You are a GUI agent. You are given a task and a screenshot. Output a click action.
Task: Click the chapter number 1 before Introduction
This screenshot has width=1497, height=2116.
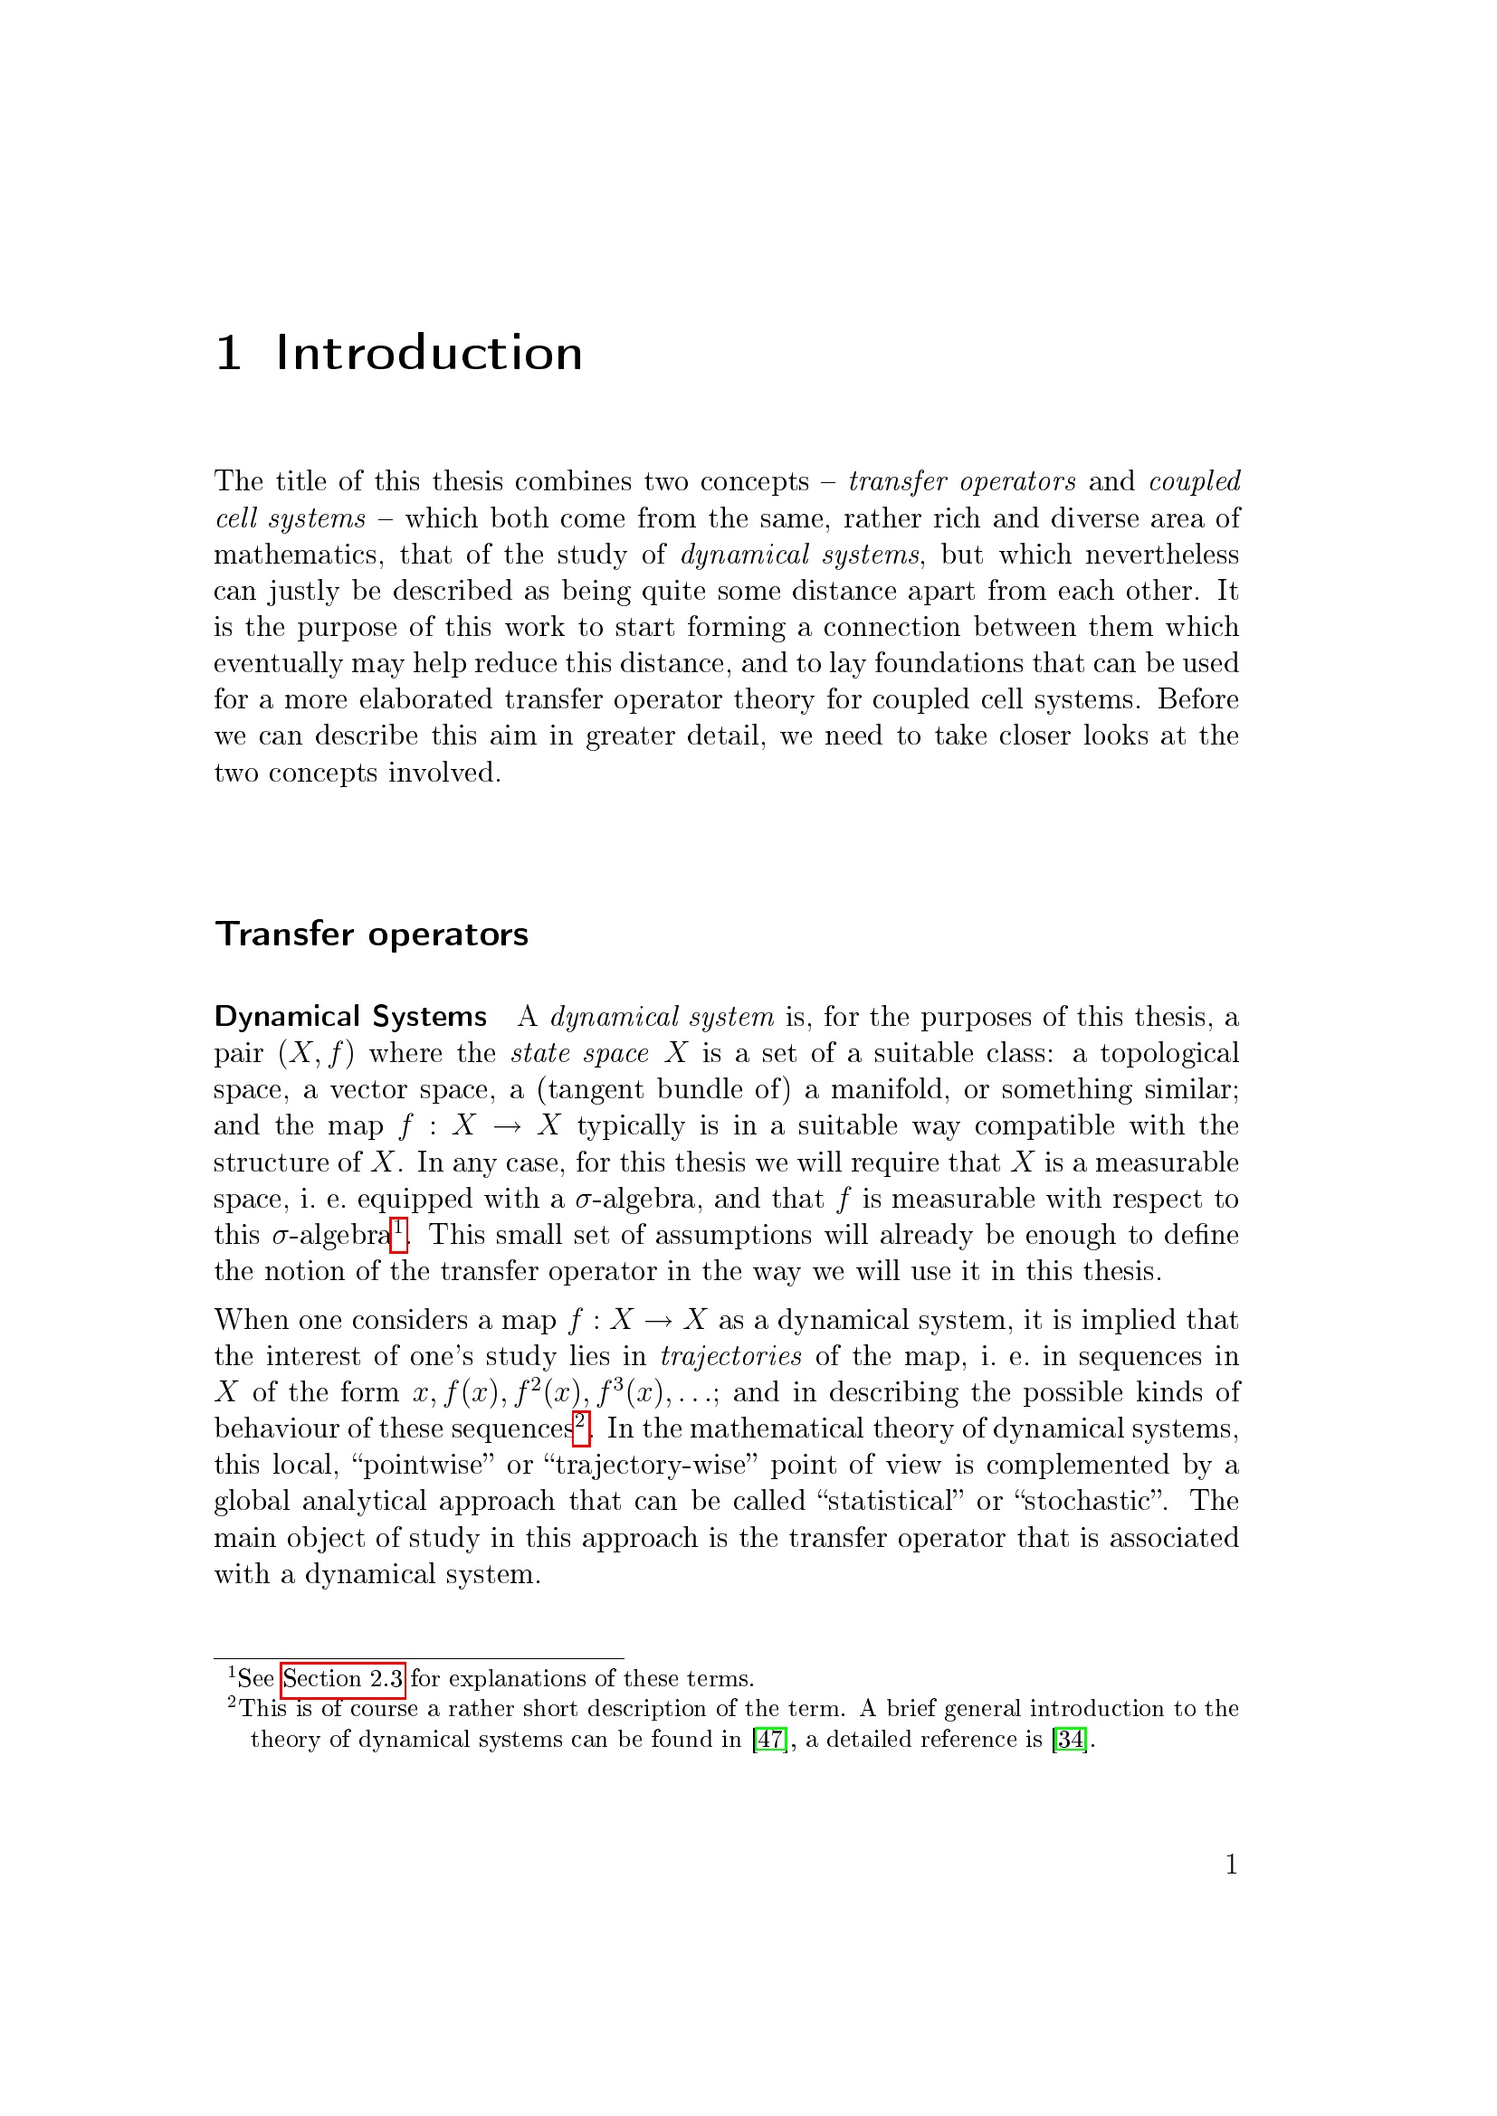pyautogui.click(x=229, y=354)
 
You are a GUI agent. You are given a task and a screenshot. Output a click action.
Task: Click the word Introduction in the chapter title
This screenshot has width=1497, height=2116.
pyautogui.click(x=429, y=354)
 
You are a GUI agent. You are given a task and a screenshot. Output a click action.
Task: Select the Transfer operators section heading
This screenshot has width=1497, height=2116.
pyautogui.click(x=371, y=935)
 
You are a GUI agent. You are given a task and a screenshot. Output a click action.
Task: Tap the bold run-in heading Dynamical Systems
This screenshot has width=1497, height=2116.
pyautogui.click(x=350, y=1017)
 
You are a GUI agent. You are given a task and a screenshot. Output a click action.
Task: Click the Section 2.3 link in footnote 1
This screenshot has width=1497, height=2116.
pyautogui.click(x=343, y=1679)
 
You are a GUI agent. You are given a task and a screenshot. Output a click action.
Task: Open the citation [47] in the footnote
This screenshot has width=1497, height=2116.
pyautogui.click(x=769, y=1740)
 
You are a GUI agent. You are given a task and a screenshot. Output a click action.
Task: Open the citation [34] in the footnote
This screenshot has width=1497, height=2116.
pyautogui.click(x=1069, y=1740)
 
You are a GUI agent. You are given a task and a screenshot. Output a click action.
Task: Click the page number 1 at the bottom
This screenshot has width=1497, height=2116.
pyautogui.click(x=1231, y=1865)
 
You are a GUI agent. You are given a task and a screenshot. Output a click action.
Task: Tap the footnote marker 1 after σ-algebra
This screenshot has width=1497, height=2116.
pyautogui.click(x=398, y=1233)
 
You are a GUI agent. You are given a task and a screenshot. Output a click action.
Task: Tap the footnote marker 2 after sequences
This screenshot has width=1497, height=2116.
pyautogui.click(x=581, y=1427)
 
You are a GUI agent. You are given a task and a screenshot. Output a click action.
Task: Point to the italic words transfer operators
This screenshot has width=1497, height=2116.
pyautogui.click(x=961, y=481)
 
